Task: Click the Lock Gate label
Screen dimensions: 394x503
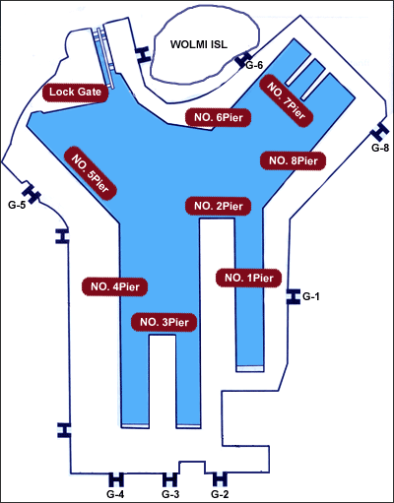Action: point(76,93)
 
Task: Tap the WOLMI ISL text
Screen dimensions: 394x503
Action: point(199,44)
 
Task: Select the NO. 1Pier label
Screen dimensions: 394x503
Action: point(249,279)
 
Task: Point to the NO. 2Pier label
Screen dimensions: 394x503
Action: point(219,206)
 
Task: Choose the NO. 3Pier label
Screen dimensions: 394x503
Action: point(164,322)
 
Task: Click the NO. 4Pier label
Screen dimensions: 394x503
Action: point(114,286)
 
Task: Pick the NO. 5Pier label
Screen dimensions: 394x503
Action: point(90,173)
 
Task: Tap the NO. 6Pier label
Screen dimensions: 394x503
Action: point(219,117)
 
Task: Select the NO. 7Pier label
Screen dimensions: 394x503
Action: point(287,99)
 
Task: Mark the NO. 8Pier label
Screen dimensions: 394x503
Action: point(294,160)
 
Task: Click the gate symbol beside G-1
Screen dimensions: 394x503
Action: point(293,296)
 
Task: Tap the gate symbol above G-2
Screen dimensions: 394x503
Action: point(220,479)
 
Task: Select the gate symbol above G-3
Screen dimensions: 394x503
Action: point(169,479)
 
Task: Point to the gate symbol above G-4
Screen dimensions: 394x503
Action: point(116,479)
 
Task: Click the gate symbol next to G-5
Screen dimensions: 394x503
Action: point(32,193)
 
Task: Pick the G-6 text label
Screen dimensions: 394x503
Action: point(254,65)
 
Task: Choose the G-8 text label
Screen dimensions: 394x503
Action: point(380,148)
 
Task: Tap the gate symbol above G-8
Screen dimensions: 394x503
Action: point(380,131)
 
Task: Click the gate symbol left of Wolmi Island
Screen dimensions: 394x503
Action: point(143,54)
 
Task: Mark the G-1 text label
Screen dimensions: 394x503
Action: point(310,296)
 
